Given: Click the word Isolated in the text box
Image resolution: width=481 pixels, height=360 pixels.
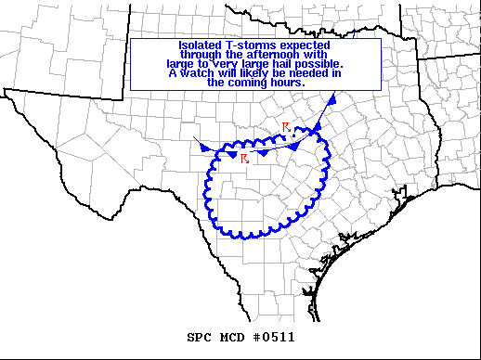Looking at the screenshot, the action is click(x=199, y=45).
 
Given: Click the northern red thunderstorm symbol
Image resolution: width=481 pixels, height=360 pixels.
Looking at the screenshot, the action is click(x=287, y=127).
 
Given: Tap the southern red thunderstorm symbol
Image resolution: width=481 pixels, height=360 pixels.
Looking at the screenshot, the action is click(x=244, y=159).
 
